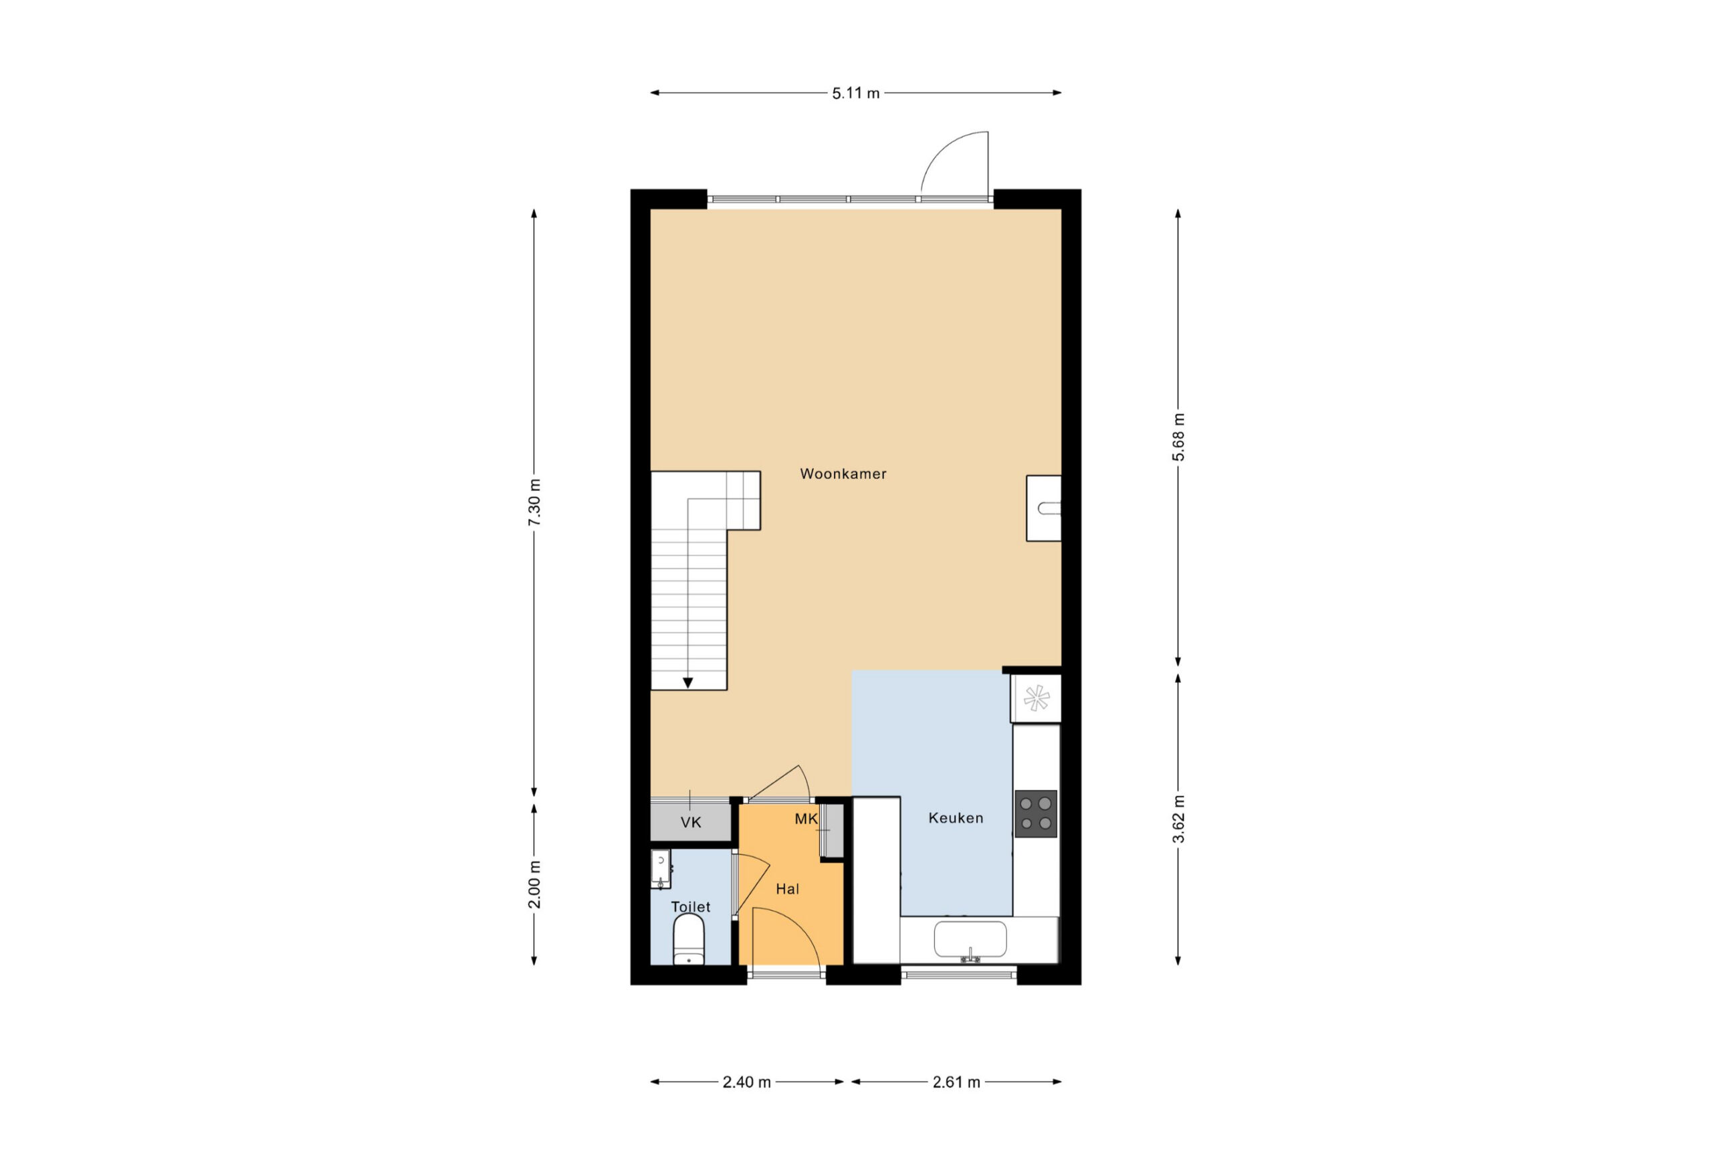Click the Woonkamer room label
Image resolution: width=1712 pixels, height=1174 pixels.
(843, 474)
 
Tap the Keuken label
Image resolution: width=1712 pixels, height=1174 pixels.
(956, 818)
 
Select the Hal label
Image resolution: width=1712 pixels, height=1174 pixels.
(788, 890)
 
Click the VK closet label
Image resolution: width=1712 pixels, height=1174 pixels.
(691, 822)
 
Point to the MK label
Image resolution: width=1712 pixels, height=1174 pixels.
(806, 819)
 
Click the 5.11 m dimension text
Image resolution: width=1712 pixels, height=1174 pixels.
(856, 94)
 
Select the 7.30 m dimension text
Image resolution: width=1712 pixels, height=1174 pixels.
(535, 502)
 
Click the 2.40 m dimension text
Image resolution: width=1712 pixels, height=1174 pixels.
(746, 1082)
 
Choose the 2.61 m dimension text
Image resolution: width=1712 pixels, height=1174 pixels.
(956, 1082)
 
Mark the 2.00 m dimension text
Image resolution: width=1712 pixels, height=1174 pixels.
(535, 884)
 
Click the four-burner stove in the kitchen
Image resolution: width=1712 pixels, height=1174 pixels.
(1036, 813)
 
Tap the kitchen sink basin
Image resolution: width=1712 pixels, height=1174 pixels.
(970, 940)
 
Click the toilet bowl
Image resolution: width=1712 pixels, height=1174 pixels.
(689, 940)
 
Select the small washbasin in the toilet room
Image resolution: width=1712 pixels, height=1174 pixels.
(661, 870)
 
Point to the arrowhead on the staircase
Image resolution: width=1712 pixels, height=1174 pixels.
(687, 683)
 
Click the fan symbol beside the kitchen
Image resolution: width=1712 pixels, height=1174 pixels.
(1036, 698)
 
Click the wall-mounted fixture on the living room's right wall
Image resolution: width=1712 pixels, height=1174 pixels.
(1043, 508)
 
